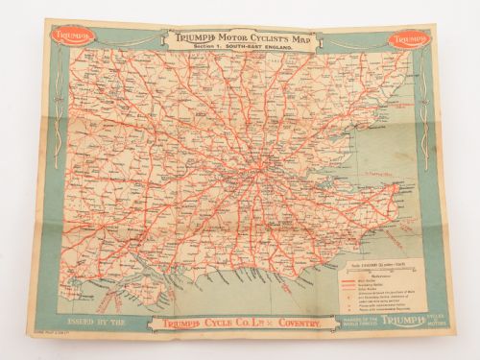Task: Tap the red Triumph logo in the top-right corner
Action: coord(408,40)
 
